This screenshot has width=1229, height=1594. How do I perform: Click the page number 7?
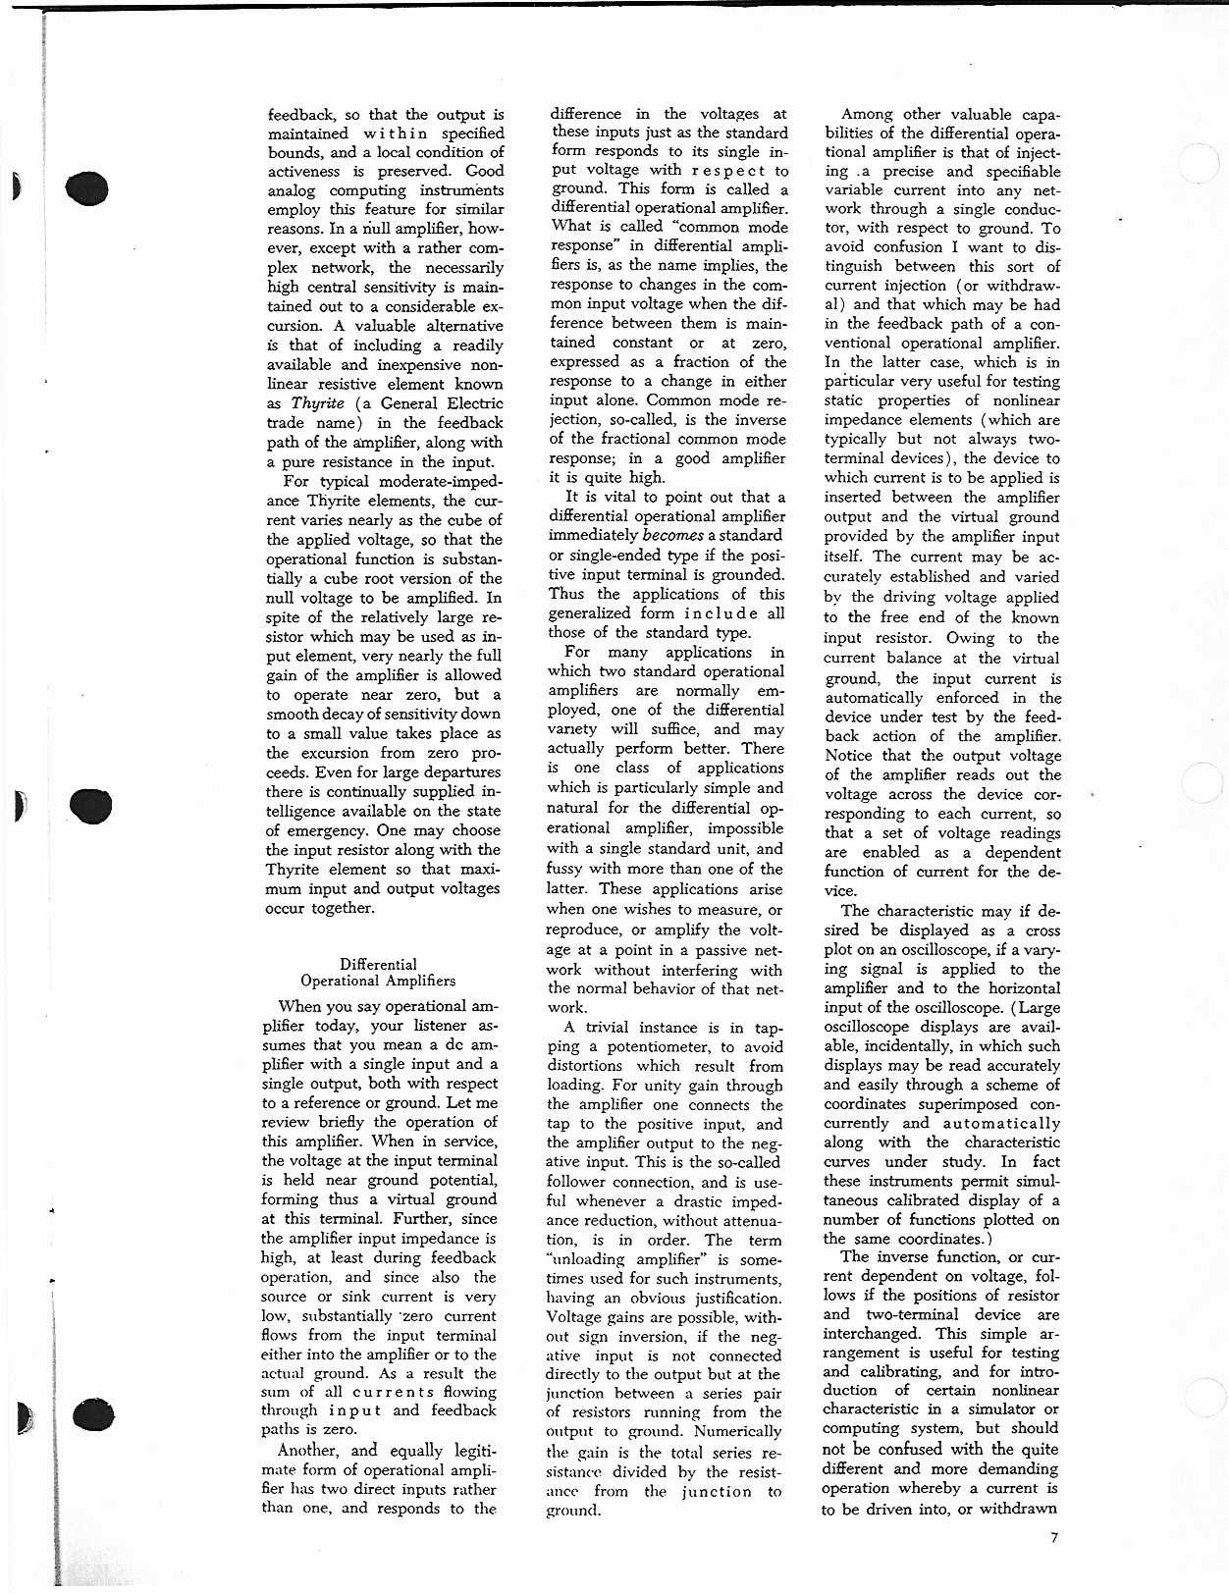point(1054,1537)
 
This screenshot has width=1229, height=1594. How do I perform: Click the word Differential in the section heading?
point(378,964)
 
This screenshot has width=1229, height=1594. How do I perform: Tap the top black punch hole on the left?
point(87,187)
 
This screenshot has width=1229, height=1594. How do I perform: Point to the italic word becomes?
point(672,535)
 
